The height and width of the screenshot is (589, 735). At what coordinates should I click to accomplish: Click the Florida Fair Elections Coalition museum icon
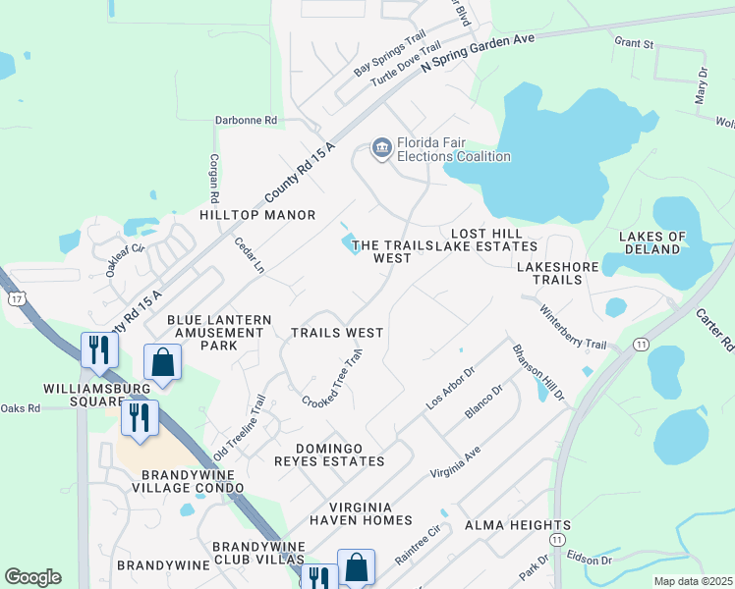381,148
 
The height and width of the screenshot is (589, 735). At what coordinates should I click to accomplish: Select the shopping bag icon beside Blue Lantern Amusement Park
163,362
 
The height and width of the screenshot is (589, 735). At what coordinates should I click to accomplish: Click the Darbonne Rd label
247,120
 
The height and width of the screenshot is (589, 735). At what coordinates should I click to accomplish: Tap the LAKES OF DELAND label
651,242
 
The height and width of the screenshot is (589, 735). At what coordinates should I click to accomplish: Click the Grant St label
634,43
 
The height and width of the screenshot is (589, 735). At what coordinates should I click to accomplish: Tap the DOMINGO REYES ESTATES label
333,455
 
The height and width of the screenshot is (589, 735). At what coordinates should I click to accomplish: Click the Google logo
32,576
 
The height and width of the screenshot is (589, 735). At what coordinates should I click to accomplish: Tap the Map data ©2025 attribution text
692,581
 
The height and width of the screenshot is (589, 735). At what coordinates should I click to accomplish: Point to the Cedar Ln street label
248,256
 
